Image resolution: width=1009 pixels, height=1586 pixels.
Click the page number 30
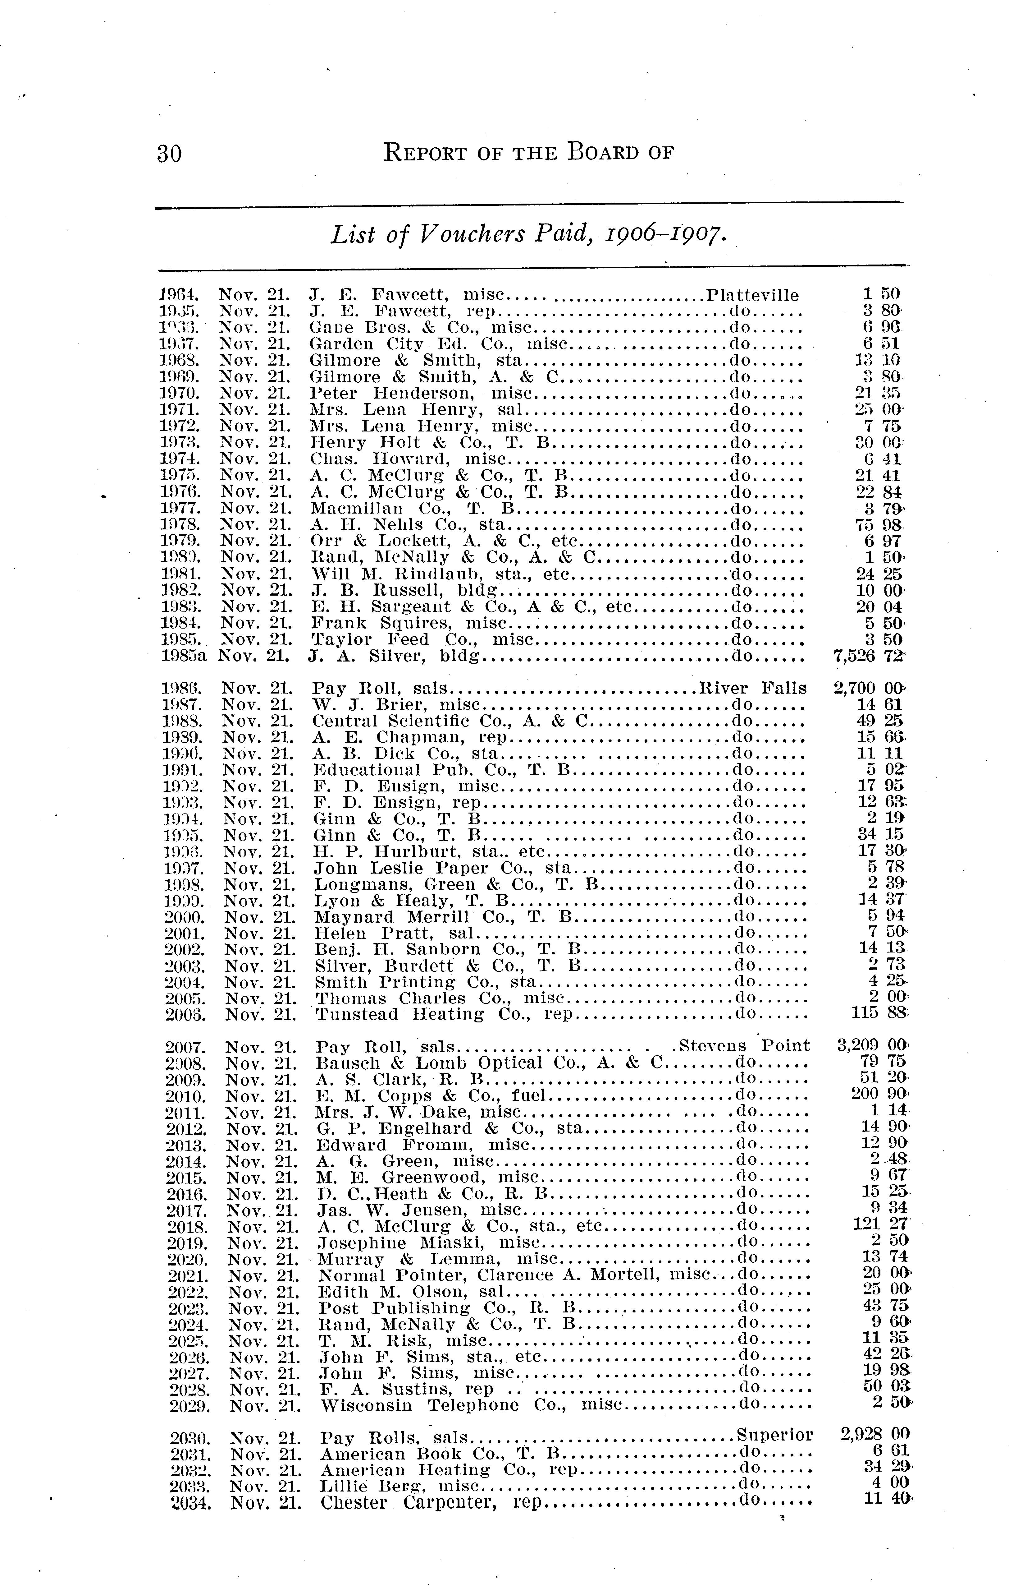tap(169, 154)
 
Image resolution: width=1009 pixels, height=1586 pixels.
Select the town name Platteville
tap(752, 295)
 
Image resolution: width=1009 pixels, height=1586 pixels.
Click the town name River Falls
tap(752, 688)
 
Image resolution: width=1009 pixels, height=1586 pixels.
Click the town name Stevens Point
tap(744, 1046)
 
